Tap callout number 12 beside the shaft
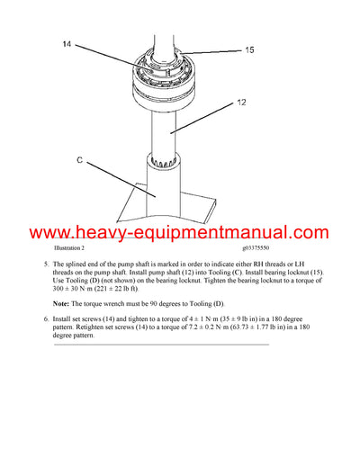(x=241, y=103)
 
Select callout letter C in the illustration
(x=80, y=161)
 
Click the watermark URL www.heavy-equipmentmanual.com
(x=179, y=233)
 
